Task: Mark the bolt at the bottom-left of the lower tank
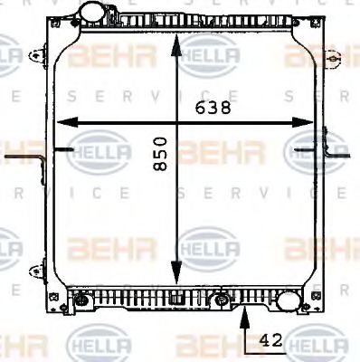point(81,300)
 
